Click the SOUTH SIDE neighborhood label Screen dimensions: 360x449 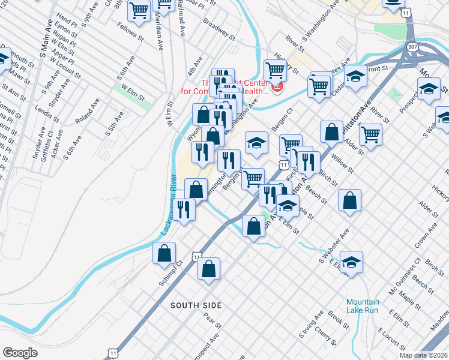click(196, 305)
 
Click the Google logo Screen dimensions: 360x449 click(20, 353)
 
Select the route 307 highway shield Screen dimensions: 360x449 click(412, 46)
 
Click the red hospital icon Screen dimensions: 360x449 click(277, 89)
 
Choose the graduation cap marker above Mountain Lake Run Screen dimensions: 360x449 click(351, 262)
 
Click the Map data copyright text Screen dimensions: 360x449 click(423, 355)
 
